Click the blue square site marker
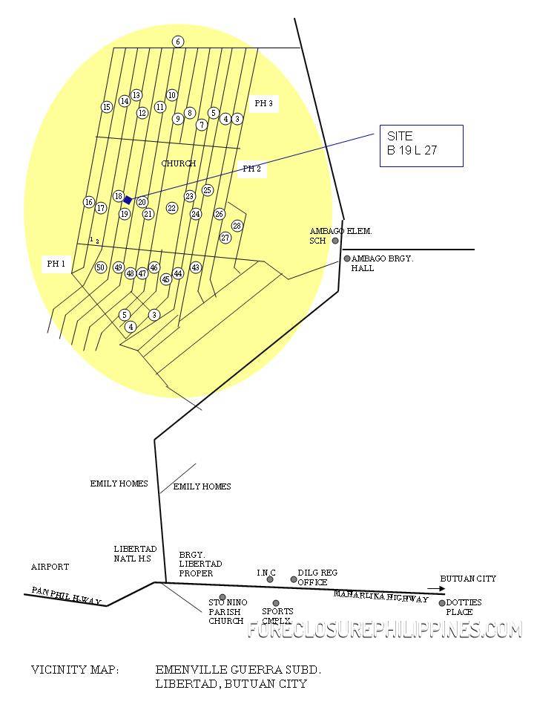click(128, 200)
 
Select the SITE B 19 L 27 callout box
click(421, 146)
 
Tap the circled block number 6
click(178, 42)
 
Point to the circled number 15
click(107, 107)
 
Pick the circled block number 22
click(172, 209)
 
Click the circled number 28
click(237, 226)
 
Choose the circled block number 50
click(101, 267)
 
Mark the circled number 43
click(196, 267)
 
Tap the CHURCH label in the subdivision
click(179, 163)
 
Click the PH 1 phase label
click(56, 264)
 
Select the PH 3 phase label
click(263, 104)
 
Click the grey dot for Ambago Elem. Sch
click(335, 241)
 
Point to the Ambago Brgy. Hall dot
click(347, 258)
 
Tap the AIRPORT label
click(50, 567)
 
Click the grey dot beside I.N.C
click(270, 579)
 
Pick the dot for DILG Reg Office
click(294, 579)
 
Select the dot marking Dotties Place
click(443, 603)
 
